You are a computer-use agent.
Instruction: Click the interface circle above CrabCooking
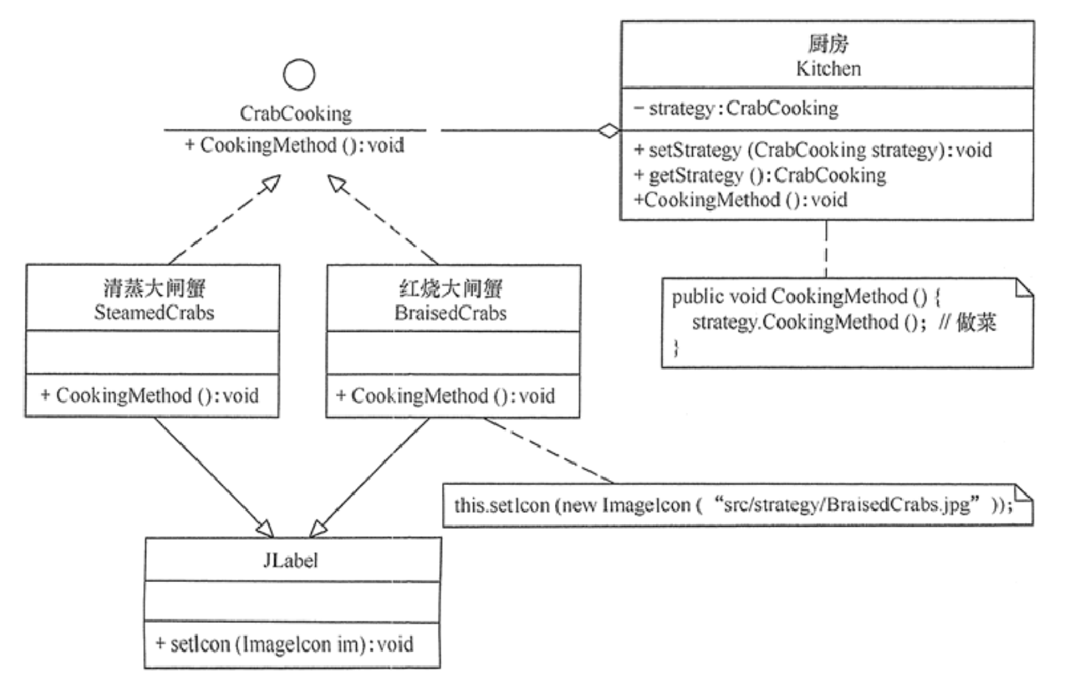click(x=299, y=77)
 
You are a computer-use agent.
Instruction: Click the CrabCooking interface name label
click(x=296, y=114)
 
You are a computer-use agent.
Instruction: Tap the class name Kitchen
click(x=828, y=68)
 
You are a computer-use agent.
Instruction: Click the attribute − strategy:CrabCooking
click(x=735, y=108)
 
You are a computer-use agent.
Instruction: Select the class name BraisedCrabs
click(x=452, y=312)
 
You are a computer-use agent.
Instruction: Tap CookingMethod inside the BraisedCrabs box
click(x=451, y=395)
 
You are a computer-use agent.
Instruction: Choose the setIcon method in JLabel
click(x=286, y=645)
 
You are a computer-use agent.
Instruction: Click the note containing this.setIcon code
click(x=730, y=506)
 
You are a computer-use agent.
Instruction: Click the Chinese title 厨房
click(x=828, y=46)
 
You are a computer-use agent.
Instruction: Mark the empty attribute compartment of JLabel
click(x=293, y=602)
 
